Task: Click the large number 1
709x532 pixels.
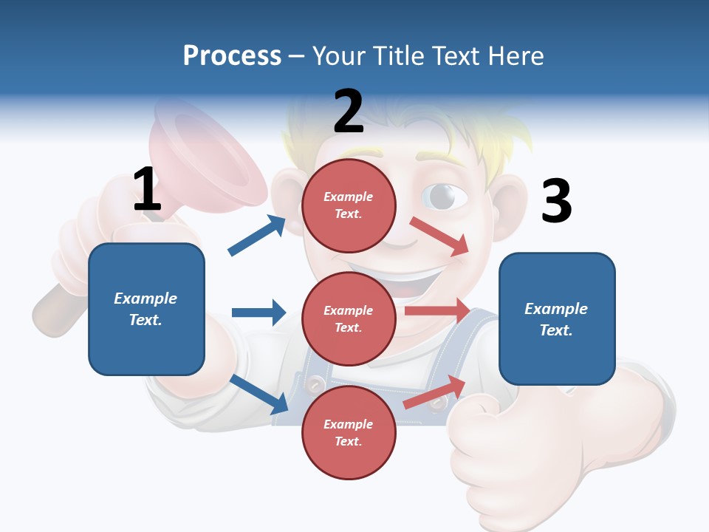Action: coord(147,189)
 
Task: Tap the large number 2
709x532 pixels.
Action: coord(349,112)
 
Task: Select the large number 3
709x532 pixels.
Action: coord(556,201)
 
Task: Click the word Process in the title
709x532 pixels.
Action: coord(232,55)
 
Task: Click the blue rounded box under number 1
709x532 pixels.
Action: coord(146,309)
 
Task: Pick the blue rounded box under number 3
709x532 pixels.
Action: coord(557,318)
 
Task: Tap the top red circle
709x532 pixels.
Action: coord(349,205)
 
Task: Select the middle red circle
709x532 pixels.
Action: coord(349,318)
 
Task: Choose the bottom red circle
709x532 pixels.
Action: coord(349,432)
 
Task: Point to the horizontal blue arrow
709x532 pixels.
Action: coord(258,313)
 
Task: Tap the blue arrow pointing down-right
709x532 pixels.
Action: coord(259,394)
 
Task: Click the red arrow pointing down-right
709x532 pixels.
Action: coord(439,236)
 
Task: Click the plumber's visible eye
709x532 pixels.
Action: coord(443,196)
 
